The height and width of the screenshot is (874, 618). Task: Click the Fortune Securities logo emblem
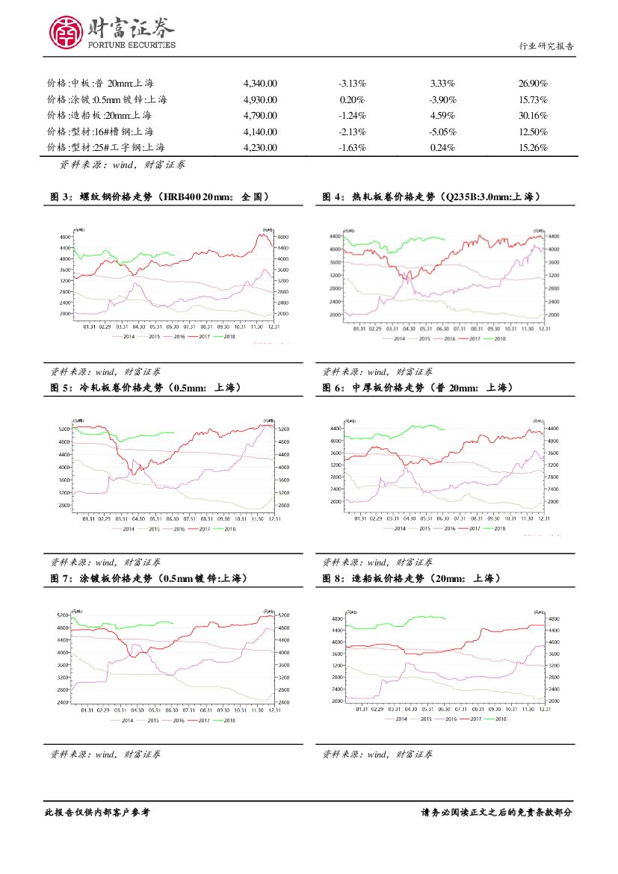(66, 32)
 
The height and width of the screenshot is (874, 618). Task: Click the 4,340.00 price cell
(260, 84)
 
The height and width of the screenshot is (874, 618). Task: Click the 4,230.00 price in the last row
(260, 147)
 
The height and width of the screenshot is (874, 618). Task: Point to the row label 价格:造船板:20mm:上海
(99, 116)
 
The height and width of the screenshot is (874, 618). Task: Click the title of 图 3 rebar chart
(159, 197)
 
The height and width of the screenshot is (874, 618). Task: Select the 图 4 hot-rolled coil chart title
(431, 197)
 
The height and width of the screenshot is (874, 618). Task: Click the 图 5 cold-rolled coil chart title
(139, 388)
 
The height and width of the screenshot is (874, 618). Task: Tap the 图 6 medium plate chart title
(416, 388)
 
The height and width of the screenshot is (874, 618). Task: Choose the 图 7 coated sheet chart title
(147, 578)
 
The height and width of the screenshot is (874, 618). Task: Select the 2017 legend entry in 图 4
(472, 338)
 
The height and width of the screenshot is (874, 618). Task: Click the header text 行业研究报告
(546, 46)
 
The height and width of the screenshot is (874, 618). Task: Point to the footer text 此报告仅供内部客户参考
(97, 812)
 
